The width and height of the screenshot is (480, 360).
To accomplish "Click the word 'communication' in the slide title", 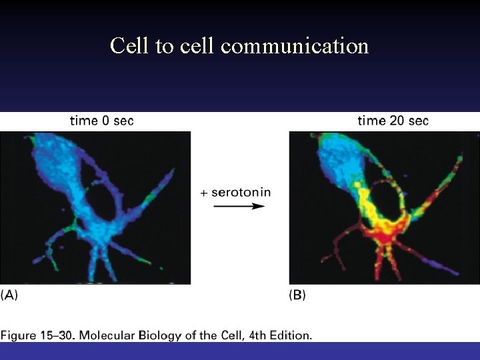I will click(x=295, y=46).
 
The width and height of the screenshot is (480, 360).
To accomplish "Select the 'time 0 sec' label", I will click(x=101, y=121).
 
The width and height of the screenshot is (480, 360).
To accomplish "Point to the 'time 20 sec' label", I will click(x=393, y=121).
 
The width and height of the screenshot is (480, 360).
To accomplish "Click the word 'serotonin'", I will click(x=241, y=192).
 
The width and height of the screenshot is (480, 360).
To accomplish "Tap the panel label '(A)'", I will click(x=9, y=295).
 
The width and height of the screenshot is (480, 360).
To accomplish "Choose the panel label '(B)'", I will click(x=297, y=295).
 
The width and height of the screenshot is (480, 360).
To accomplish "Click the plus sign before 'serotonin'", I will click(x=204, y=193).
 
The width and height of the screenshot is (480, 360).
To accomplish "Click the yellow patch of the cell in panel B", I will click(x=365, y=200).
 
